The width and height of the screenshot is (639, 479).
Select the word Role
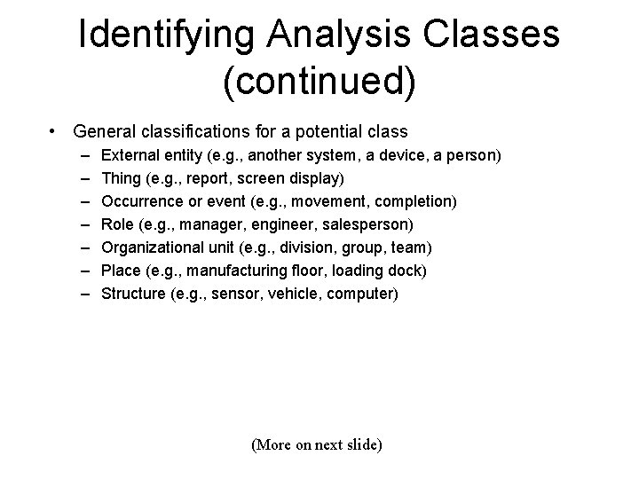point(119,224)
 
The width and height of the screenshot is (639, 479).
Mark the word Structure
point(133,294)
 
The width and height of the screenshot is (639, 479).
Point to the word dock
point(409,271)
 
